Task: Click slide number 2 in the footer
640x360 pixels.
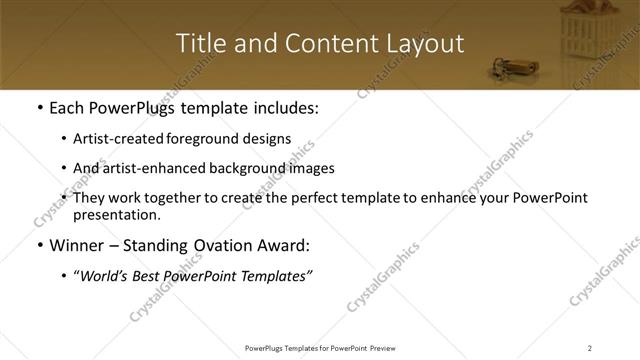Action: pyautogui.click(x=590, y=348)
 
